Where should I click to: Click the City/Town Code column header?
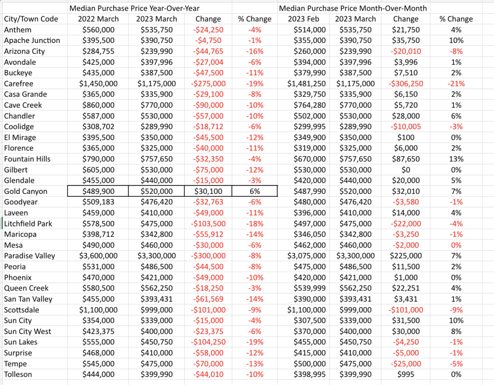(31, 19)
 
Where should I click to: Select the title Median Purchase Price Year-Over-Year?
(134, 8)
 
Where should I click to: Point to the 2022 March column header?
(98, 19)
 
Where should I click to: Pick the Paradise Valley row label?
(29, 256)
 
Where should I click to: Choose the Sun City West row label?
(27, 331)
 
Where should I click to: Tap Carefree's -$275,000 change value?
(208, 83)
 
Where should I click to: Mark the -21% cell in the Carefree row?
(456, 83)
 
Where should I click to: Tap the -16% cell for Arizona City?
(255, 51)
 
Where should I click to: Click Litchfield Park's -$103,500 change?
(208, 223)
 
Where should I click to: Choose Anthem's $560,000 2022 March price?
(98, 29)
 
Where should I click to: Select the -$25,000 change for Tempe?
(405, 364)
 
